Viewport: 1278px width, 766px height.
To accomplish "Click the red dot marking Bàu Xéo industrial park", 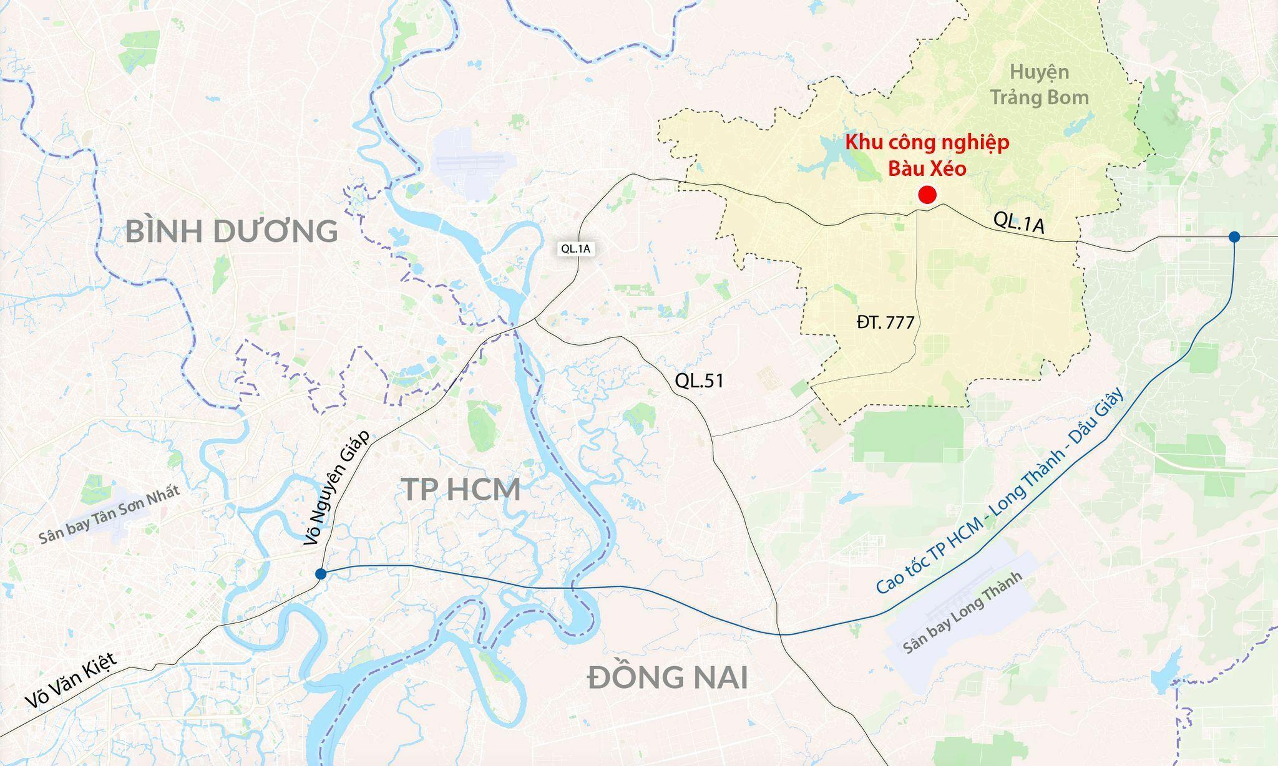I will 927,195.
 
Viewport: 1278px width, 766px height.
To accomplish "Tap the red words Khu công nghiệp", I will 927,143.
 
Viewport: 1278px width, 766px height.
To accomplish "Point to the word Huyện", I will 1039,72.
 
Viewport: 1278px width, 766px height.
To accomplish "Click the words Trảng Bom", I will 1040,97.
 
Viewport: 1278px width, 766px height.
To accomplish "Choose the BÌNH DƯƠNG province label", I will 232,231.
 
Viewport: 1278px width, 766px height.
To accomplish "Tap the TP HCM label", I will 461,490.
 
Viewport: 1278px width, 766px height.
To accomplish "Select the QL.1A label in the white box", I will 575,248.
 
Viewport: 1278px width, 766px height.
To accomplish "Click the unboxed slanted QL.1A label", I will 1018,223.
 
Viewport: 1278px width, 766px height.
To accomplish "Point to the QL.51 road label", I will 699,381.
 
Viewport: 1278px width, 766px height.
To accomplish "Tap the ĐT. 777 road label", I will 885,322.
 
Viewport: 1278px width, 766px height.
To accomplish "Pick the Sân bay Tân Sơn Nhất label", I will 109,515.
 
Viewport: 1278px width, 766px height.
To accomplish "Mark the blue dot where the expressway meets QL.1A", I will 1234,236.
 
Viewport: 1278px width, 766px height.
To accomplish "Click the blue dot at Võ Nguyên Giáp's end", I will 320,574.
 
